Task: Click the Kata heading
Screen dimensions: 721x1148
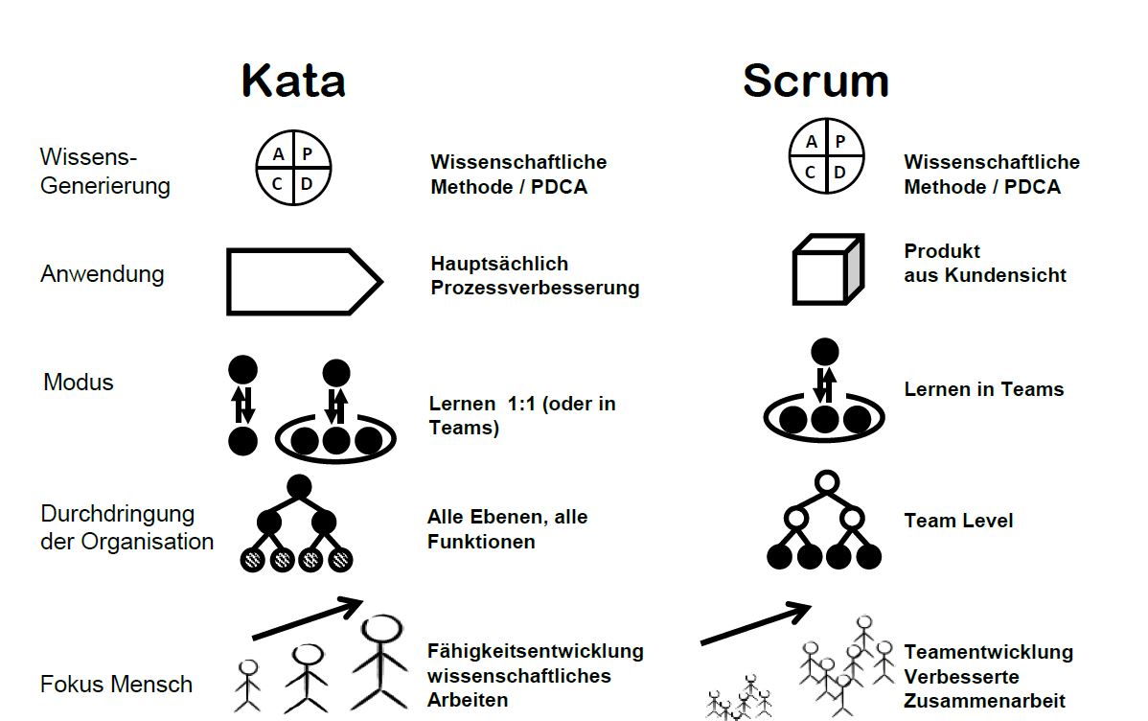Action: coord(292,81)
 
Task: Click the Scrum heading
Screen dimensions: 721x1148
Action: coord(815,81)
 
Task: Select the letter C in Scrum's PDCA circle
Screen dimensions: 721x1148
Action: coord(811,173)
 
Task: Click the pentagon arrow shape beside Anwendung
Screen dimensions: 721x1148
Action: coord(303,282)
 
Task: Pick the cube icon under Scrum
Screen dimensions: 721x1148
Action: coord(826,270)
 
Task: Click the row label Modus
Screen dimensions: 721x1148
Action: coord(79,383)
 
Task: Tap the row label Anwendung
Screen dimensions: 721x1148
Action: coord(102,274)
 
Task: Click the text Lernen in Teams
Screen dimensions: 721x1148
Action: coord(983,389)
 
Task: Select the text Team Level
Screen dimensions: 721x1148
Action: coord(958,521)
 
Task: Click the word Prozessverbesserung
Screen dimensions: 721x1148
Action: coord(535,288)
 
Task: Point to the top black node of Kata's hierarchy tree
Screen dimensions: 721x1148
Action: coord(299,487)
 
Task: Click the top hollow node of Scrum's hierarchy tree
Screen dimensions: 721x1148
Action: coord(825,482)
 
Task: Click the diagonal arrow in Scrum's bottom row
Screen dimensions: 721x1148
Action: coord(756,623)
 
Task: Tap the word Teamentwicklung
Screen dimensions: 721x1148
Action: coord(988,652)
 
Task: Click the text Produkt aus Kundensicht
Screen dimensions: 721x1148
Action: coord(984,264)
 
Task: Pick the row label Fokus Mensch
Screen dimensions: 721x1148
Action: coord(116,685)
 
